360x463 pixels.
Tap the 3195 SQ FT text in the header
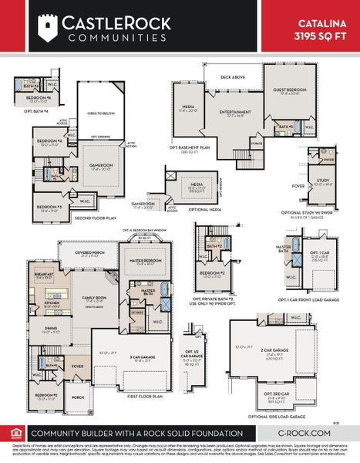[x=322, y=35]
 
